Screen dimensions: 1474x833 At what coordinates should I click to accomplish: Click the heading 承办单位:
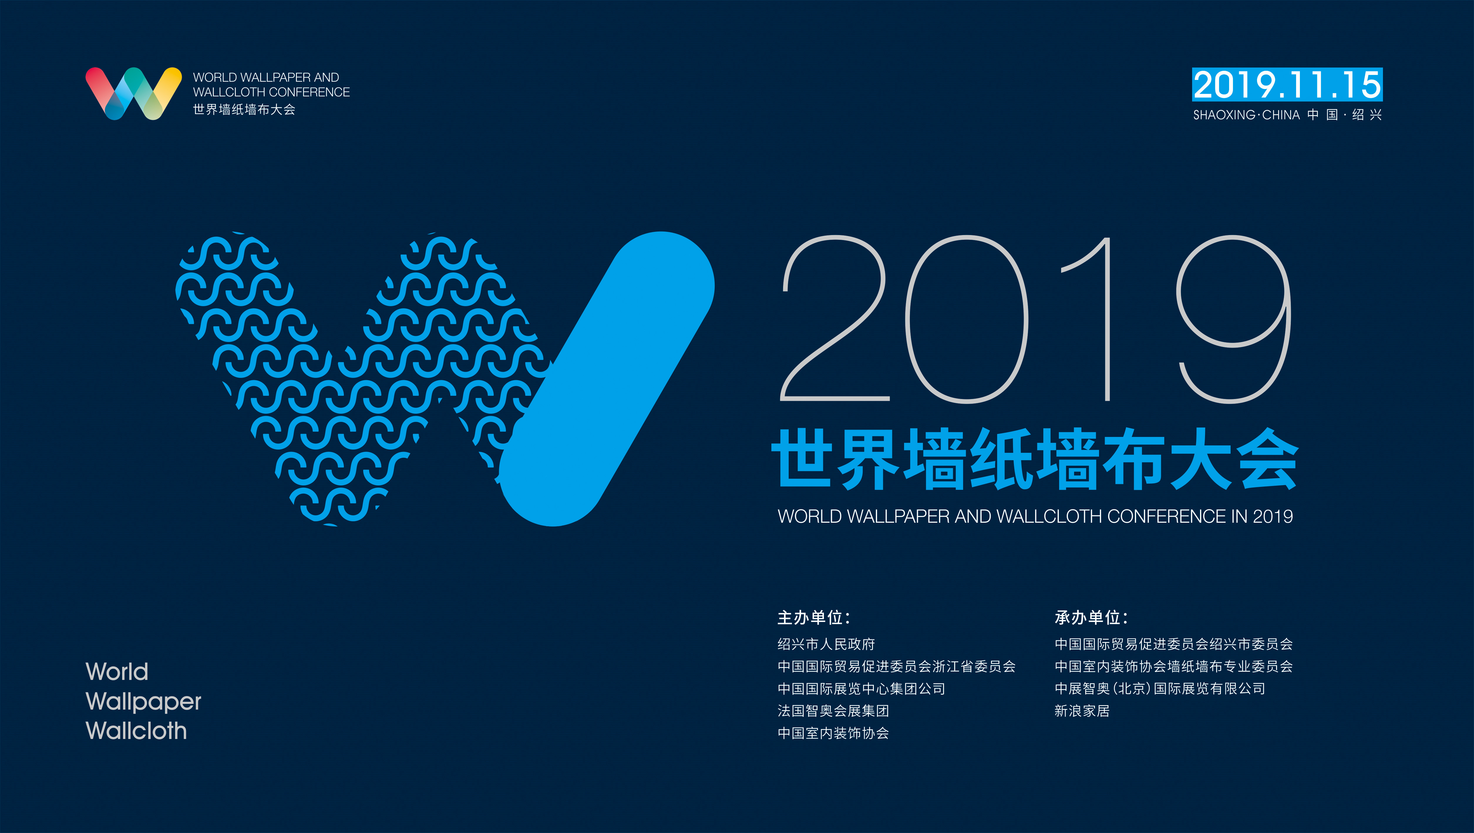tap(1091, 618)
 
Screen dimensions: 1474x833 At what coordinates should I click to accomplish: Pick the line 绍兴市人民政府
tap(826, 644)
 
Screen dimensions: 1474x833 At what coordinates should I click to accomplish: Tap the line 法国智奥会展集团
tap(833, 711)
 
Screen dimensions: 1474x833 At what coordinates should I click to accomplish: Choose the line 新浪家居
tap(1082, 711)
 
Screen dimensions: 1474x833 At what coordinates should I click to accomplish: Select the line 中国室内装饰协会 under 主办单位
tap(833, 733)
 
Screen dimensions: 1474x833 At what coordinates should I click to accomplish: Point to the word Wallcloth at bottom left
tap(136, 731)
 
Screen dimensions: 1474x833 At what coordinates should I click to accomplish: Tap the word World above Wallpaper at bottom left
tap(117, 672)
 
